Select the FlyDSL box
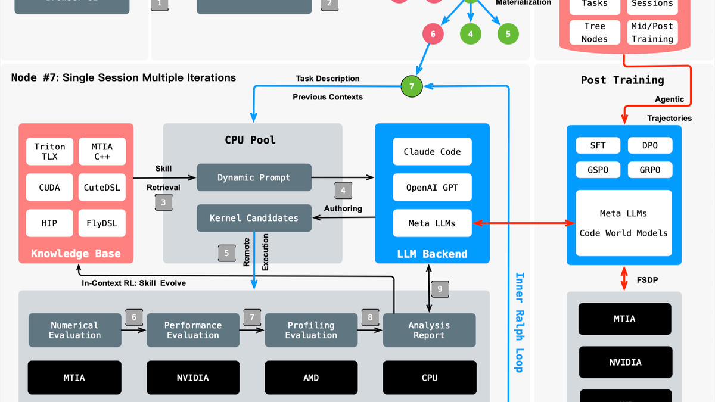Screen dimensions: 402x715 (x=102, y=223)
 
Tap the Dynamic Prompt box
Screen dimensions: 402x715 (x=254, y=177)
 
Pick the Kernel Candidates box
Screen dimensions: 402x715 (x=254, y=218)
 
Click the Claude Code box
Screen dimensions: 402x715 (x=432, y=152)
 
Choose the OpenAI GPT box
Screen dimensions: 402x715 (x=432, y=188)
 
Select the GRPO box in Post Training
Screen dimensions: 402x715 (x=650, y=170)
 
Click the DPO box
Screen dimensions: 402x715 (x=650, y=145)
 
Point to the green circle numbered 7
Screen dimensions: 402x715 (x=411, y=86)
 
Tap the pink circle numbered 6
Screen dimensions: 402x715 (x=433, y=34)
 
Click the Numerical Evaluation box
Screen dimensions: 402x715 (x=74, y=330)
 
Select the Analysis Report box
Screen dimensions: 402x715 (x=429, y=330)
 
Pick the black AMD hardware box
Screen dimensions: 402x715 (x=311, y=378)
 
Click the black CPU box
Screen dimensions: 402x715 (x=430, y=378)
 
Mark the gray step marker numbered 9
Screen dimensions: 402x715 (x=440, y=289)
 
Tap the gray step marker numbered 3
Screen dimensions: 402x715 (x=163, y=202)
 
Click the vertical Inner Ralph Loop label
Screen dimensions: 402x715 (x=519, y=322)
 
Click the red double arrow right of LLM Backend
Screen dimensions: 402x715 (x=519, y=223)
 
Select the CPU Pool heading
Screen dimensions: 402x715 (x=250, y=140)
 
